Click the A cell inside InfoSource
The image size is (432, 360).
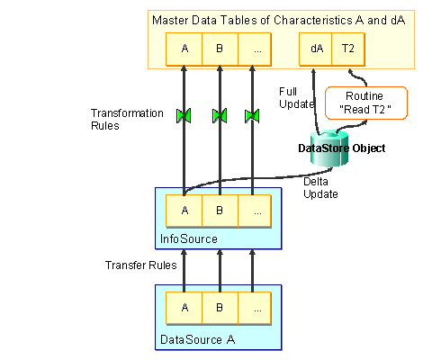184,211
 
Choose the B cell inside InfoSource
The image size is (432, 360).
220,211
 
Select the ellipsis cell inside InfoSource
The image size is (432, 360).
256,211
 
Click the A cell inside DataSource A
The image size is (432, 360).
184,307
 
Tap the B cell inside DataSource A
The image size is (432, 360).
220,307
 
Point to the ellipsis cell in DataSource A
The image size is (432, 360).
256,307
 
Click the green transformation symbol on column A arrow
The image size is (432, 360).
184,115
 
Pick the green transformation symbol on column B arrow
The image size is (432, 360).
219,115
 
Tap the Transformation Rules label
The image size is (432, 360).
127,120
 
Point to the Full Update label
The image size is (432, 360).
288,98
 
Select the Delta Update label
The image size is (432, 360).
321,187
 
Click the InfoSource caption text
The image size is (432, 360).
183,239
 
